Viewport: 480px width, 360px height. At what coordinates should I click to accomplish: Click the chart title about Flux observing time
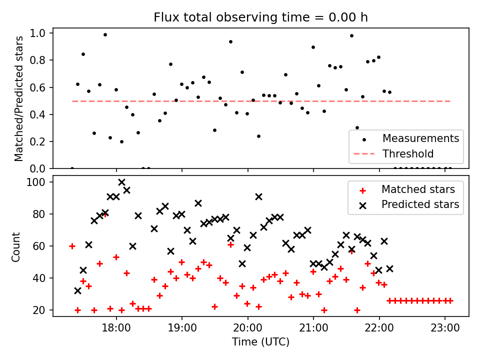coord(260,17)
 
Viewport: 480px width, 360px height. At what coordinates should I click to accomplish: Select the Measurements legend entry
coord(406,138)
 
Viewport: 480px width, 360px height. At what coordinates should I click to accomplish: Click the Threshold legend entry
coord(393,153)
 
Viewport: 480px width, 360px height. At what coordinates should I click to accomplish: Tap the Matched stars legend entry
coord(406,189)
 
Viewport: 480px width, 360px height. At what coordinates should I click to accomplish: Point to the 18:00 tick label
coord(116,328)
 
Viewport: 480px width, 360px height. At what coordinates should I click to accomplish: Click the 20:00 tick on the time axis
coord(247,328)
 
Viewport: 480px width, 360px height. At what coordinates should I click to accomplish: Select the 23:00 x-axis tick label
coord(445,328)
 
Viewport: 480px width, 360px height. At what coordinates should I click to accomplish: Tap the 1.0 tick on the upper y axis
coord(37,33)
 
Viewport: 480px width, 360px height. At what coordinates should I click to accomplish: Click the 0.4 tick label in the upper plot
coord(37,115)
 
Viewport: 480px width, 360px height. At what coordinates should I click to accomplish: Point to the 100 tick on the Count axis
coord(35,182)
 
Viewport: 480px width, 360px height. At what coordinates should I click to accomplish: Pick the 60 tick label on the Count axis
coord(38,246)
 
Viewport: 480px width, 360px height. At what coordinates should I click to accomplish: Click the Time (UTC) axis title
coord(260,341)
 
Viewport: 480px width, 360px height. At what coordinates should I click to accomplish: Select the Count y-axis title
coord(15,247)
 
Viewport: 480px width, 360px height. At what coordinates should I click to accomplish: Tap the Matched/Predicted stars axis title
coord(18,98)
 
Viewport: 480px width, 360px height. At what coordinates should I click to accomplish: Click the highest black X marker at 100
coord(121,182)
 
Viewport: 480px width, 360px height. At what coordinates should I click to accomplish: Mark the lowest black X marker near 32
coord(78,291)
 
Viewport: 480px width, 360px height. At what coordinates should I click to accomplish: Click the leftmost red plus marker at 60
coord(72,246)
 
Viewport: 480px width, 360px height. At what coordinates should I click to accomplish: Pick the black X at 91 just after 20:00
coord(258,197)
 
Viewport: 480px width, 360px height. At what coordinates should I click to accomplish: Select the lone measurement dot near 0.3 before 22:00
coord(357,127)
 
